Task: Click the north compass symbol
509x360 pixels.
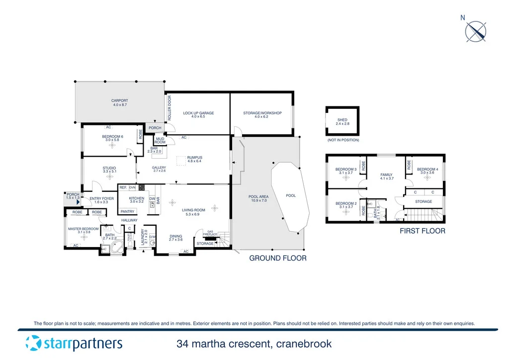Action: (475, 31)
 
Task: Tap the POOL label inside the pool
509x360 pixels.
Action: (291, 195)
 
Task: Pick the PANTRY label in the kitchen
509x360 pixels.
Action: (128, 211)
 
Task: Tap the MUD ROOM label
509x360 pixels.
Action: (160, 141)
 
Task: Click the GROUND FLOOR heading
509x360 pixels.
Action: (277, 258)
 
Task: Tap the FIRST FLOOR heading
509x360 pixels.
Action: (423, 231)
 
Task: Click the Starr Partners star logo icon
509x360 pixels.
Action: (33, 343)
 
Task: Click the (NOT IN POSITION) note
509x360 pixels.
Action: (342, 140)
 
